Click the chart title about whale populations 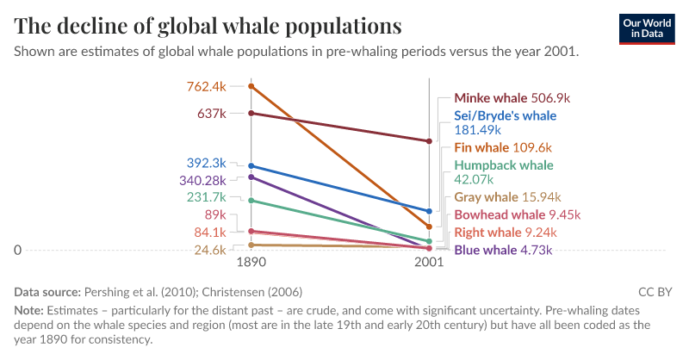pos(208,25)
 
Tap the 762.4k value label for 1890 pos(206,86)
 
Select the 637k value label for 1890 pos(212,113)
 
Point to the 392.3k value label pos(206,163)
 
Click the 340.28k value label pos(202,180)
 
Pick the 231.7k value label pos(206,197)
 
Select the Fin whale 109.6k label pos(503,147)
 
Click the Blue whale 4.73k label pos(503,250)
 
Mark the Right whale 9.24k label pos(506,233)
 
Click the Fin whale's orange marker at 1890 pos(251,86)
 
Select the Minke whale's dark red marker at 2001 pos(429,141)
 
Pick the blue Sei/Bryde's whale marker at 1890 pos(251,166)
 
